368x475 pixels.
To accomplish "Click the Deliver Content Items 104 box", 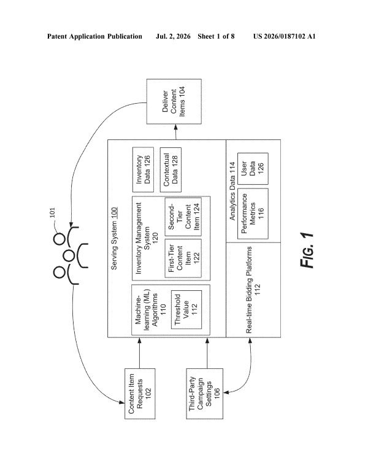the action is pyautogui.click(x=174, y=101).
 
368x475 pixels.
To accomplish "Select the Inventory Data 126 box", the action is pyautogui.click(x=143, y=169).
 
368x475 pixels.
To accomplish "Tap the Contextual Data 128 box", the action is pyautogui.click(x=171, y=169).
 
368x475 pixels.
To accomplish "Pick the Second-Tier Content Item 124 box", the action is pyautogui.click(x=183, y=217).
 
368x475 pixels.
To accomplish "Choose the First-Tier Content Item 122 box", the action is pyautogui.click(x=183, y=258).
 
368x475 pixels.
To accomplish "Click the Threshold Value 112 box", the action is pyautogui.click(x=186, y=309).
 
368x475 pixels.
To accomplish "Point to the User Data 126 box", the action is pyautogui.click(x=253, y=169).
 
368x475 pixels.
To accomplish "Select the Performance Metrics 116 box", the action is pyautogui.click(x=253, y=214).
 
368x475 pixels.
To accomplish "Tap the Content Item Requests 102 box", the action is pyautogui.click(x=140, y=394).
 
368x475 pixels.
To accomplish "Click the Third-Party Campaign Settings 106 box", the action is pyautogui.click(x=205, y=394).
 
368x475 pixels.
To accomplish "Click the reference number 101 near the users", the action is pyautogui.click(x=52, y=213).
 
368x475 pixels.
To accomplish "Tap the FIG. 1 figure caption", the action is pyautogui.click(x=307, y=250).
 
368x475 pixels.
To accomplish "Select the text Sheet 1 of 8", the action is pyautogui.click(x=216, y=37).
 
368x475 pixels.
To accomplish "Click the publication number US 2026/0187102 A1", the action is pyautogui.click(x=285, y=37).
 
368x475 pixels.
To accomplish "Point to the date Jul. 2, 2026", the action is pyautogui.click(x=173, y=37).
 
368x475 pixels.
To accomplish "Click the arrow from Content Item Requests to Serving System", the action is pyautogui.click(x=140, y=353).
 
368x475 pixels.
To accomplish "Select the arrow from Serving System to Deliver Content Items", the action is pyautogui.click(x=175, y=132).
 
